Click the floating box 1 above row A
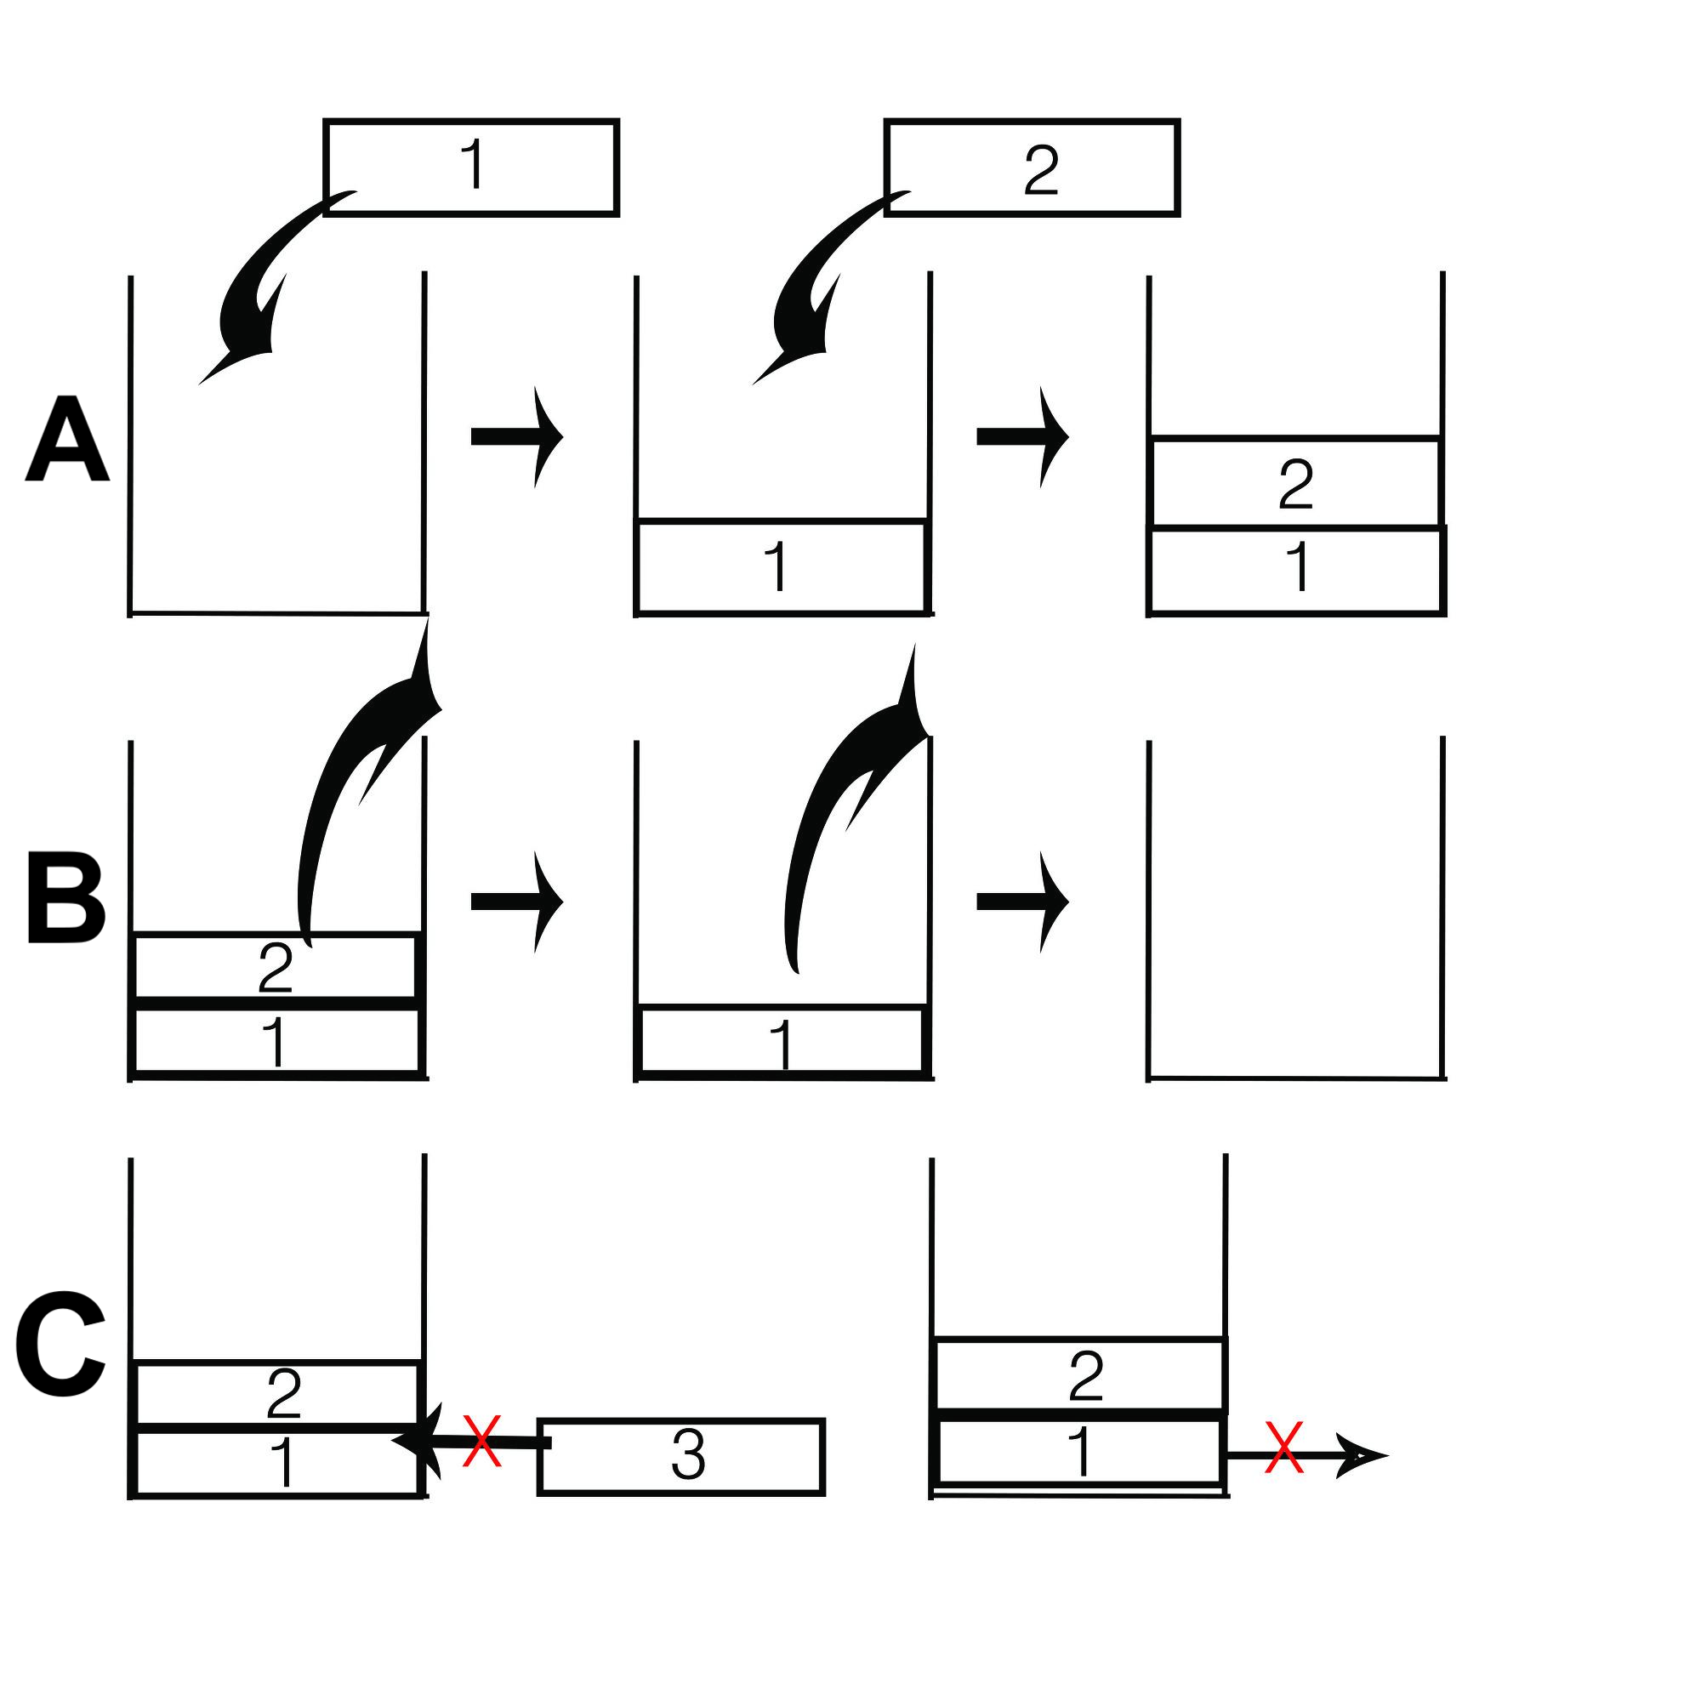(471, 168)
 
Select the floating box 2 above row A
(1032, 168)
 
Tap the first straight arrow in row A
(518, 435)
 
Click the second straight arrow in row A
(1023, 435)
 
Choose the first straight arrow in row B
(518, 901)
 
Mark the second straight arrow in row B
(1023, 901)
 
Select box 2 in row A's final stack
(1295, 482)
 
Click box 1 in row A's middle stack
(782, 566)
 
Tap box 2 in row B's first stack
(275, 966)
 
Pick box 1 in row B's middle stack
(782, 1040)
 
